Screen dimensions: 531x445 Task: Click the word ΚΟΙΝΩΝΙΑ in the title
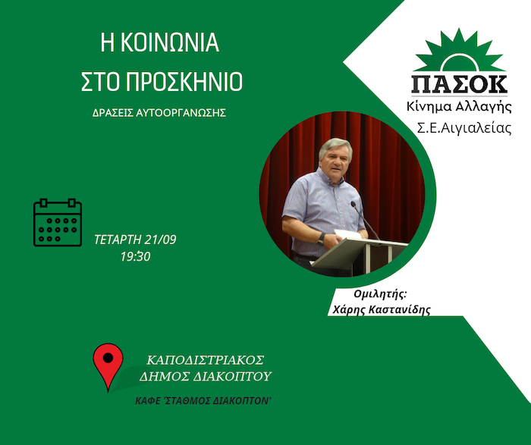170,42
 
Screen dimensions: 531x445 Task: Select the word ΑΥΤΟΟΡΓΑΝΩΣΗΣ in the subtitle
181,113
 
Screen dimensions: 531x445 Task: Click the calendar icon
58,222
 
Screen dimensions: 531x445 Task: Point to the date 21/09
160,240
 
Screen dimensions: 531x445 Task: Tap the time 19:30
136,256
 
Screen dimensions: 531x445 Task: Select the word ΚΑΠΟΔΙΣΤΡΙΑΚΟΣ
206,360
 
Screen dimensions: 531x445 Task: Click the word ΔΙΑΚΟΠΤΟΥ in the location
234,376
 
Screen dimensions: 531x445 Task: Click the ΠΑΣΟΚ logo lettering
459,84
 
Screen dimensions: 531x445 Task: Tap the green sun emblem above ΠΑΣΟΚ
459,51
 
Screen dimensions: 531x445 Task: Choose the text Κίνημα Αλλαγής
459,107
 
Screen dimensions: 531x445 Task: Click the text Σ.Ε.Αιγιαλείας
463,129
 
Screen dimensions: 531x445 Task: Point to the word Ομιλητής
379,294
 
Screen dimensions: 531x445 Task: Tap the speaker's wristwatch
322,237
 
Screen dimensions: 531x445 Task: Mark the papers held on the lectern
347,234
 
